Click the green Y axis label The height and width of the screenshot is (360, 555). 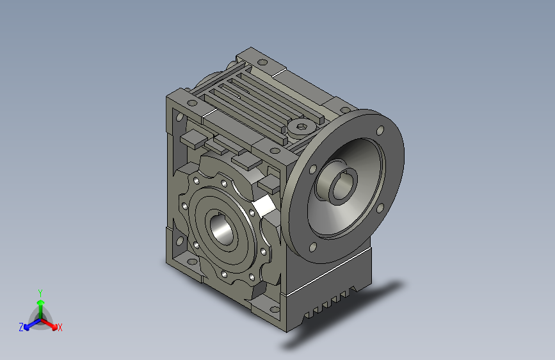(40, 293)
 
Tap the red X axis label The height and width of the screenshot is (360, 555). (60, 327)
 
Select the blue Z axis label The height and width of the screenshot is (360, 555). (21, 327)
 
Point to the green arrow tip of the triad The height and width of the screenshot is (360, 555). (41, 302)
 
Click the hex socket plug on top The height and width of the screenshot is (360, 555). (302, 126)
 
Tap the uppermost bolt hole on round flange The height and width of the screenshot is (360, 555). (380, 131)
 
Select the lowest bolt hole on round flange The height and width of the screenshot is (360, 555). (312, 247)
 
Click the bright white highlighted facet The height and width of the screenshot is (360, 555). (265, 206)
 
